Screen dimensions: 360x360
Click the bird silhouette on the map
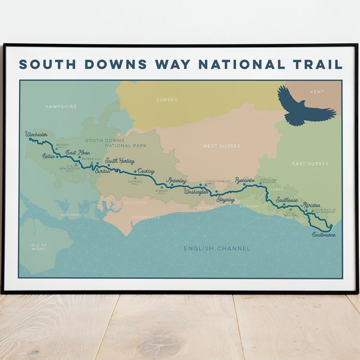point(305,106)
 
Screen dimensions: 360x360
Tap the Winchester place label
point(37,135)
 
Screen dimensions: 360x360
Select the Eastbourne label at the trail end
point(324,235)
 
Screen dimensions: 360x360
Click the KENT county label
point(316,92)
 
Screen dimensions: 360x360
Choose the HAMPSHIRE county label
point(61,107)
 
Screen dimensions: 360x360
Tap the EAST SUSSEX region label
point(310,163)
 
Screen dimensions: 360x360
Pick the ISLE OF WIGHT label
point(38,247)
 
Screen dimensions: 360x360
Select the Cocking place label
point(146,171)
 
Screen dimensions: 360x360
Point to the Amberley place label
point(176,181)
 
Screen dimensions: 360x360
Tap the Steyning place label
point(226,199)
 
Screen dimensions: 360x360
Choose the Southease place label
point(287,200)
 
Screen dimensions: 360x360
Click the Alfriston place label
point(312,205)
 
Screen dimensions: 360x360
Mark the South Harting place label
point(120,161)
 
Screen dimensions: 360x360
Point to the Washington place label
point(196,192)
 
